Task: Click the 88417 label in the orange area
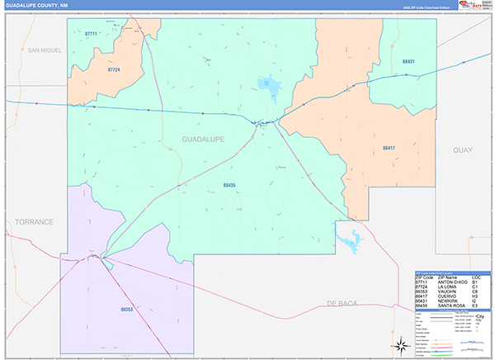389,147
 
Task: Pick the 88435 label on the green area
229,186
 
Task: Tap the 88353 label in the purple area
126,309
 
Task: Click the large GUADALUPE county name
203,140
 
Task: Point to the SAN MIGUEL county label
45,50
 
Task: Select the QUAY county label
462,149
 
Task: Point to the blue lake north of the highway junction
267,83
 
